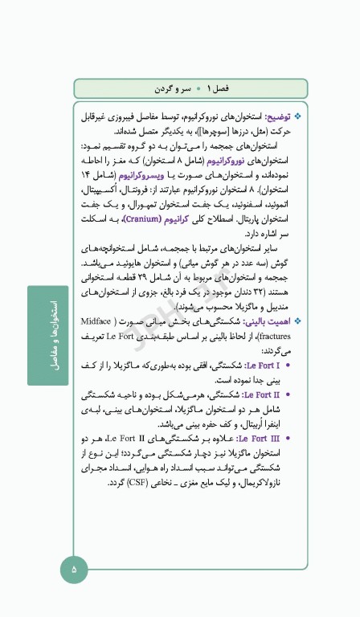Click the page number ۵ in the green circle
pyautogui.click(x=74, y=569)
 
